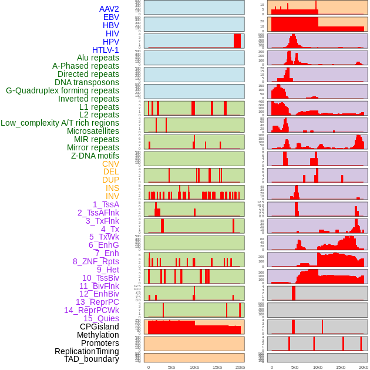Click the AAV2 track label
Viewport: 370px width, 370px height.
point(109,9)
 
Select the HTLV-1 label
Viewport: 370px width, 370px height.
point(106,50)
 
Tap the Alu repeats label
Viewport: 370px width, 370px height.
point(98,58)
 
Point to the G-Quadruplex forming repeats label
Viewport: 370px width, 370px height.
point(62,90)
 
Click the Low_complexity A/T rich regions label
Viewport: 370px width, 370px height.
point(60,123)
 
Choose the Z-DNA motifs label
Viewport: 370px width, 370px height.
point(95,156)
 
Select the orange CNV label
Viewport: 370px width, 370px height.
point(110,164)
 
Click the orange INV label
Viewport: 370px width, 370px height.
point(112,196)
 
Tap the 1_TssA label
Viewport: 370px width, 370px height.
point(106,204)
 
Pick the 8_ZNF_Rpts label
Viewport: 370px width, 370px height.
point(96,261)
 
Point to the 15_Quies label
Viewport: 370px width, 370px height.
point(101,318)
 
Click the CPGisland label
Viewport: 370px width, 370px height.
point(99,327)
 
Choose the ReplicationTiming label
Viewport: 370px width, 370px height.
point(86,351)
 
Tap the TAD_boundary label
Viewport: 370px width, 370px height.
point(92,359)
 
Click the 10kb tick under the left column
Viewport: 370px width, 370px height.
point(194,367)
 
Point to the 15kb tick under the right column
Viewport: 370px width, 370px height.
point(341,367)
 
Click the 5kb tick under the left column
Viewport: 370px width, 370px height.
point(171,367)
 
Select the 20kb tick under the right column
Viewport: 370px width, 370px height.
point(363,367)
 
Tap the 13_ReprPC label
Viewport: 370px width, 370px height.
point(97,302)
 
